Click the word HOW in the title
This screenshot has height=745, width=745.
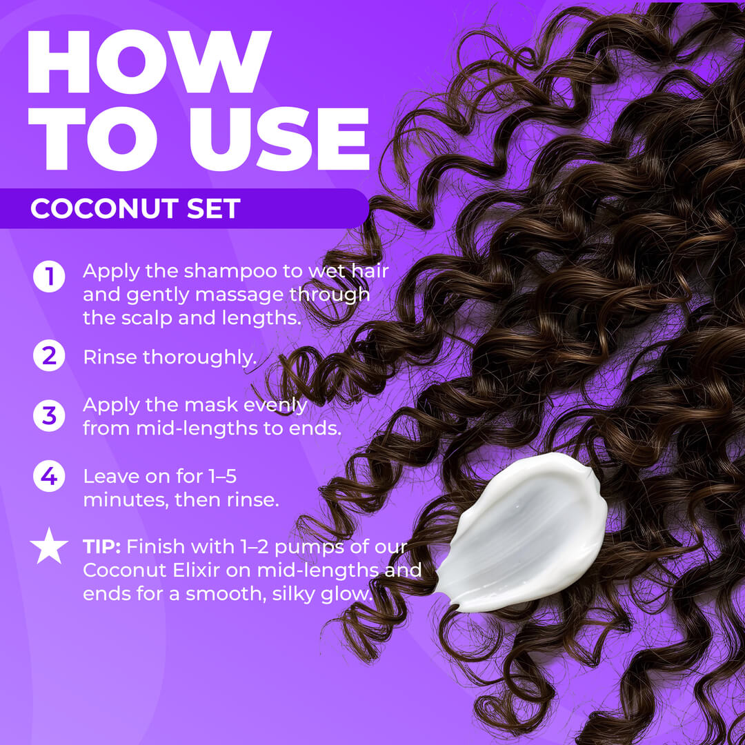pos(149,62)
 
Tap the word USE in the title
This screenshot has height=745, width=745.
pos(279,139)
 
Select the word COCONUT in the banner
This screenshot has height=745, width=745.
pos(105,208)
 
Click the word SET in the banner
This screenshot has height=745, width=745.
pos(213,208)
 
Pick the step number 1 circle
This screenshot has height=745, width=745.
pos(49,276)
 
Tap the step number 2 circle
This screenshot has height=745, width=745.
pos(49,356)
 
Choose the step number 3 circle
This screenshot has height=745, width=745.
pos(49,416)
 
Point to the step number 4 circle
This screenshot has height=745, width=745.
pos(49,476)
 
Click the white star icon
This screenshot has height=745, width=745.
pos(49,546)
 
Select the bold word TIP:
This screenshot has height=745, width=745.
pos(101,547)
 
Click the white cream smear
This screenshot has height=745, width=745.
pos(521,532)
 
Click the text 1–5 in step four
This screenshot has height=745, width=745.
pos(222,477)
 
